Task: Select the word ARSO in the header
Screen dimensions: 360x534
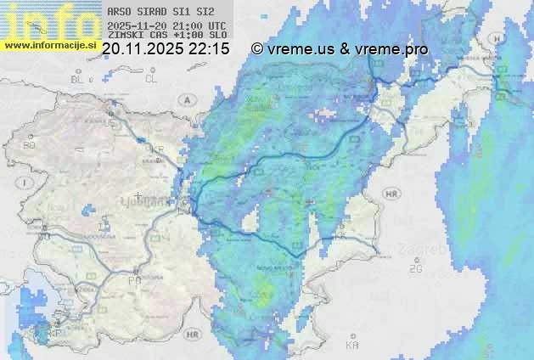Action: (x=118, y=13)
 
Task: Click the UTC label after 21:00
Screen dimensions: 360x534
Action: (x=217, y=25)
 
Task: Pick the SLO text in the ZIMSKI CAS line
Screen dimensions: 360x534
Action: (x=218, y=35)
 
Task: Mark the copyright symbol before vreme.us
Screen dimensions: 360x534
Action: (x=257, y=49)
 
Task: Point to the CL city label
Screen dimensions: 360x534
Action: (x=151, y=79)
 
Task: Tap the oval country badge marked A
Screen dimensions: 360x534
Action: (x=186, y=99)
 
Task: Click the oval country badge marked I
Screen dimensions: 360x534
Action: (x=26, y=183)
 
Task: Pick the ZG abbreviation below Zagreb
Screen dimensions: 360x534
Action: (x=415, y=269)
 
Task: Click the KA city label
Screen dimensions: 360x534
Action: (x=352, y=346)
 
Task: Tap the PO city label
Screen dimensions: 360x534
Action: (x=133, y=280)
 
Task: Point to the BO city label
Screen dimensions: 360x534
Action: (x=29, y=146)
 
